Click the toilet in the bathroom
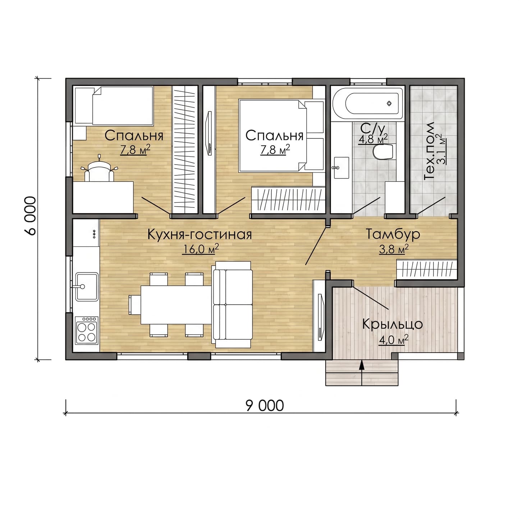point(383,152)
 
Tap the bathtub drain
point(389,103)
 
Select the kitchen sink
point(87,286)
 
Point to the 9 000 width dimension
point(265,406)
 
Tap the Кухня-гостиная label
point(199,234)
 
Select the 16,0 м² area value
point(201,249)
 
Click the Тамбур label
point(393,234)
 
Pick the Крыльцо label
point(392,324)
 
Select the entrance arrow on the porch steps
point(362,372)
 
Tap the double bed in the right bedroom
point(281,136)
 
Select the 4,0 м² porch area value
point(394,340)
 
